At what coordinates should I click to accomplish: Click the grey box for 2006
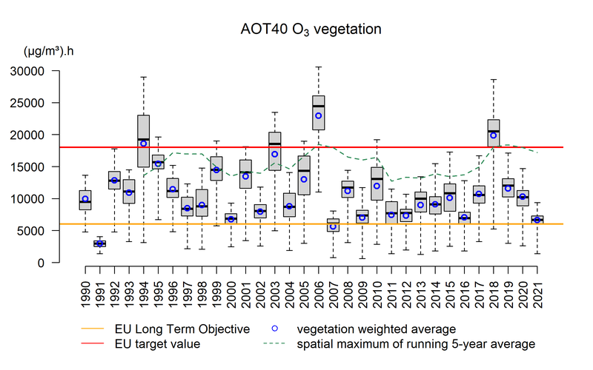(x=319, y=112)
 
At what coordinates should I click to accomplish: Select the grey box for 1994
(x=143, y=141)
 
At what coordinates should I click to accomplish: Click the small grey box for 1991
(x=99, y=243)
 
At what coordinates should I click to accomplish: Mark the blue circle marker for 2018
(x=494, y=135)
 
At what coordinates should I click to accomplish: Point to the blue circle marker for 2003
(x=275, y=154)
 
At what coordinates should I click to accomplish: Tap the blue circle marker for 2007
(x=334, y=226)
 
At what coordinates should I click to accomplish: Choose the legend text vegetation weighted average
(x=376, y=329)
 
